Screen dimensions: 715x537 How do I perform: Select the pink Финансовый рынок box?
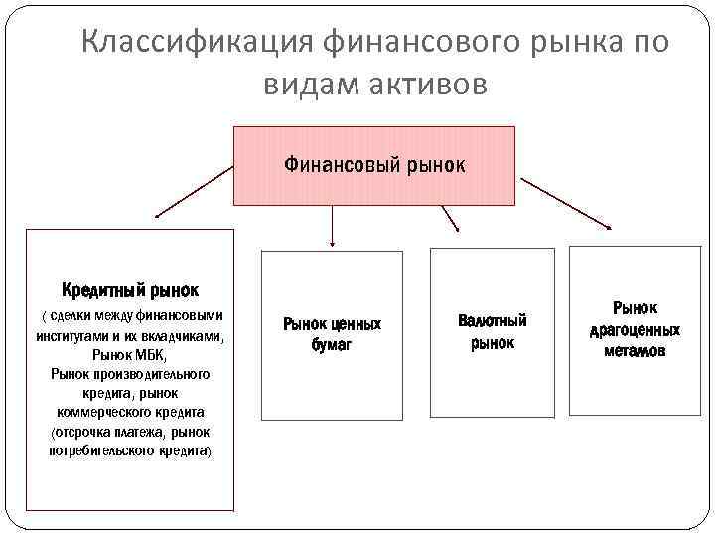(373, 165)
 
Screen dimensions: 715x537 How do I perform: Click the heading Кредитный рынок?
(130, 290)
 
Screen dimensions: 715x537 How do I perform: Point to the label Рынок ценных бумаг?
(332, 334)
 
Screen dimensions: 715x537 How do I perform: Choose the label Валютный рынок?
(493, 331)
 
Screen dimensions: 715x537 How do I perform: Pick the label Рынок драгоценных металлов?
(635, 329)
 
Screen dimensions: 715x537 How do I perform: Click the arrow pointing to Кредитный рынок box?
(194, 192)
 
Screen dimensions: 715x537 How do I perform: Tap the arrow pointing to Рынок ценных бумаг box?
(332, 225)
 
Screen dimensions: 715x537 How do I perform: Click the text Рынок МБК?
(129, 355)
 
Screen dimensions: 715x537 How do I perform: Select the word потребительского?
(98, 450)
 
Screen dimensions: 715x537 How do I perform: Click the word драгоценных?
(635, 329)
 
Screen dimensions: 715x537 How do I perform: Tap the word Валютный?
(493, 320)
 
